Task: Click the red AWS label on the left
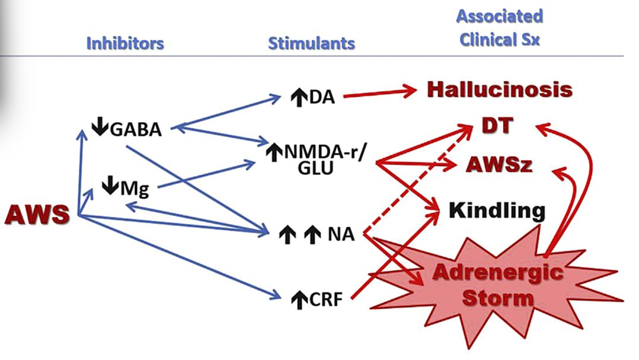point(37,215)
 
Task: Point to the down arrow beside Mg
point(109,187)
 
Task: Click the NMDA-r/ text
point(325,152)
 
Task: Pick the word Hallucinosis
point(499,90)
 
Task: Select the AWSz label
point(499,165)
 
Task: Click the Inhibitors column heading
point(125,43)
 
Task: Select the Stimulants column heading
point(311,43)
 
